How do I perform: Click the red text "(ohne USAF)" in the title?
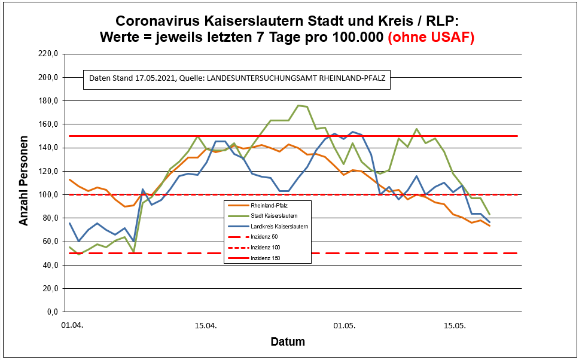pyautogui.click(x=431, y=37)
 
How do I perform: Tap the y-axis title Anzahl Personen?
pyautogui.click(x=24, y=183)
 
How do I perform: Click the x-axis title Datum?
pyautogui.click(x=288, y=342)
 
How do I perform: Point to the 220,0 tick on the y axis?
pyautogui.click(x=46, y=54)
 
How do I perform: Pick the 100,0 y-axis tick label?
pyautogui.click(x=46, y=195)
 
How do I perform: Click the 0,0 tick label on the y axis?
pyautogui.click(x=50, y=312)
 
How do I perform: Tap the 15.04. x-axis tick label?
pyautogui.click(x=206, y=327)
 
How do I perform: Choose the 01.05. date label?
pyautogui.click(x=345, y=327)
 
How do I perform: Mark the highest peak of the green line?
pyautogui.click(x=298, y=105)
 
